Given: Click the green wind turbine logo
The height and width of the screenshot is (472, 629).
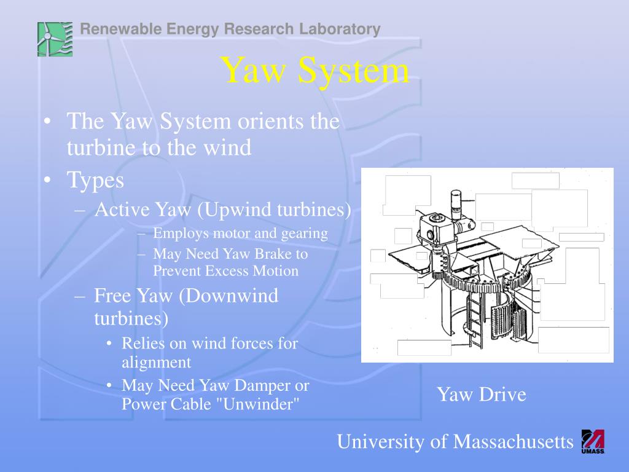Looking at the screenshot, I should coord(55,39).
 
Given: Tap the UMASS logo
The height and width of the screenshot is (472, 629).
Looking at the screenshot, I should coord(593,441).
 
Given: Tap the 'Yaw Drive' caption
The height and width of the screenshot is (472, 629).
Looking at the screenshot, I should coord(481,394).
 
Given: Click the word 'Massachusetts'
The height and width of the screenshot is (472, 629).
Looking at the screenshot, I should coord(513,441).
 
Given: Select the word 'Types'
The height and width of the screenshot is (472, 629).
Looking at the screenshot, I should coord(95,180).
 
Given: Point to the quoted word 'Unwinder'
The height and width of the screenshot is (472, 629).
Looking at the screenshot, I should coord(269,404).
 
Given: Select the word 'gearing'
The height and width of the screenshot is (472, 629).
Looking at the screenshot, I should coord(304,234).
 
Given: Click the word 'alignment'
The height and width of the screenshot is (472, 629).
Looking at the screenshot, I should coord(156,362).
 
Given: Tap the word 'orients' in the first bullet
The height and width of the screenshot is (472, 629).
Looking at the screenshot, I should coord(269,121).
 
